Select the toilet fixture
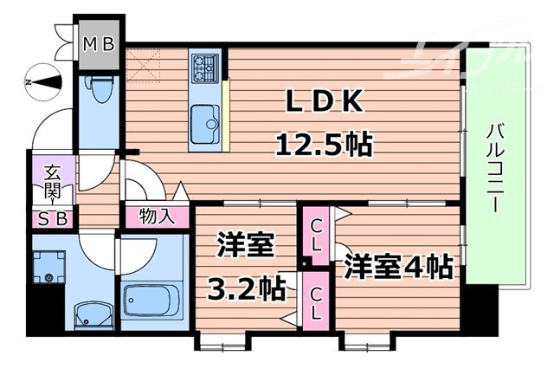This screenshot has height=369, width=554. tap(99, 90)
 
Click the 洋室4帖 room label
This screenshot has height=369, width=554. tap(398, 266)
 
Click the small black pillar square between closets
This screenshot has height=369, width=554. tap(306, 262)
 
